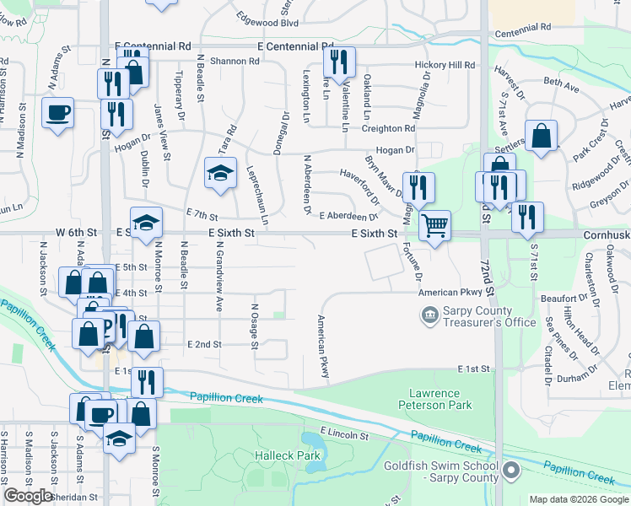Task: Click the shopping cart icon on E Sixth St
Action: pyautogui.click(x=434, y=224)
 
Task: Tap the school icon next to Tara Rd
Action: pyautogui.click(x=219, y=173)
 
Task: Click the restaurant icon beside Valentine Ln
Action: pyautogui.click(x=339, y=62)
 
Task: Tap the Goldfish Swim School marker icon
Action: pyautogui.click(x=511, y=469)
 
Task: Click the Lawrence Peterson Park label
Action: pyautogui.click(x=434, y=399)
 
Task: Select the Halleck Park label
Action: pyautogui.click(x=288, y=455)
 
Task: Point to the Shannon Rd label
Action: pyautogui.click(x=235, y=61)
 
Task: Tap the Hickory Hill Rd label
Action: pyautogui.click(x=445, y=65)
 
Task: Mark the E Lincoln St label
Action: pyautogui.click(x=344, y=434)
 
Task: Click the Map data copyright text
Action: pyautogui.click(x=580, y=499)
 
